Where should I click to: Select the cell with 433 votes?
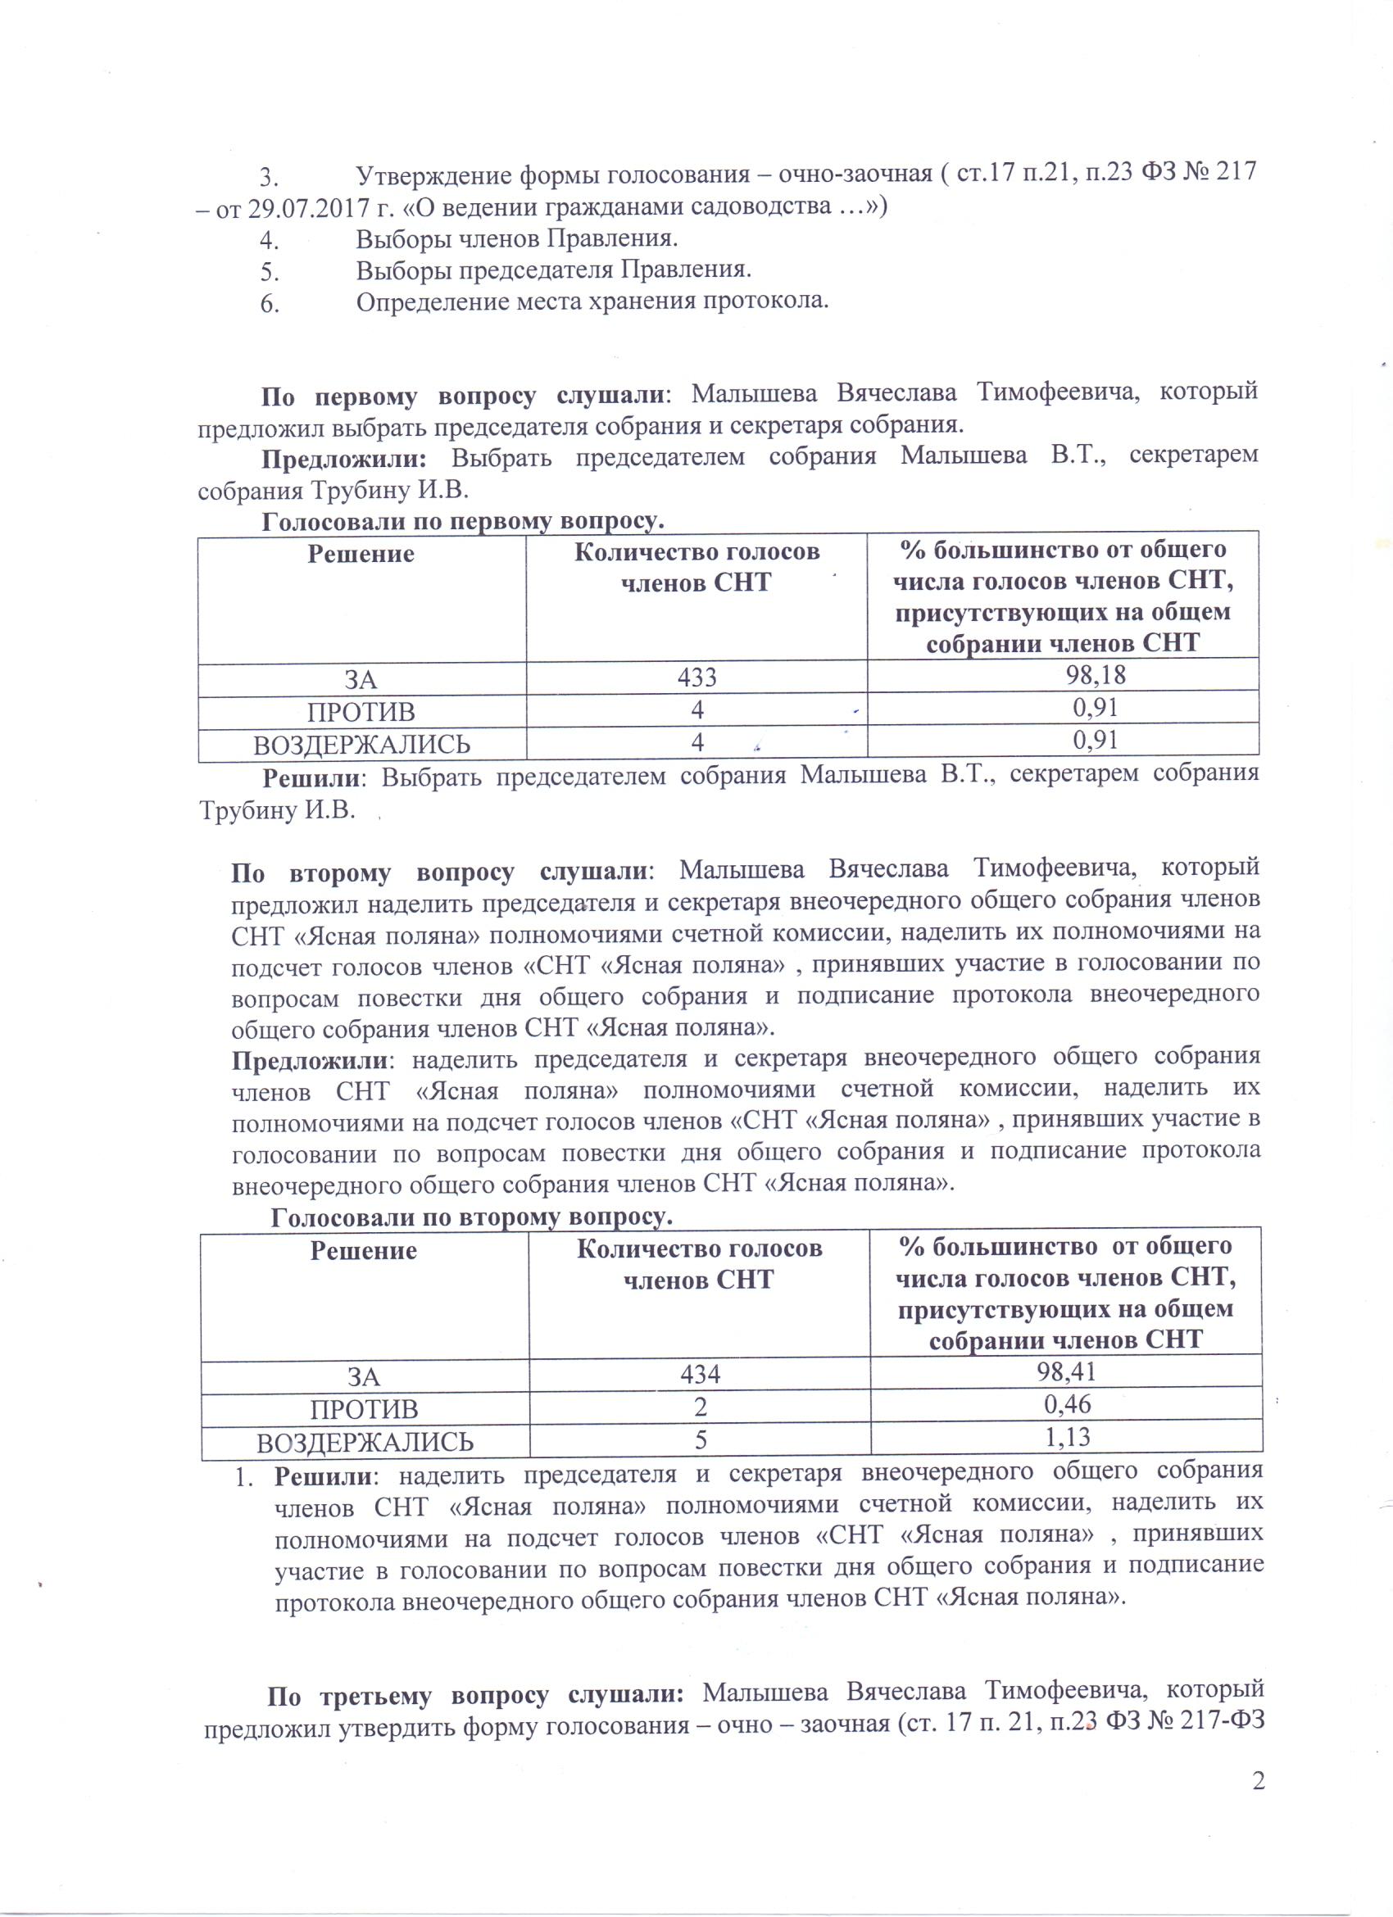click(696, 677)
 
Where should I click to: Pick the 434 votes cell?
click(700, 1374)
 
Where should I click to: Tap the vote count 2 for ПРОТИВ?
click(700, 1407)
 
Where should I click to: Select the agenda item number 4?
click(269, 240)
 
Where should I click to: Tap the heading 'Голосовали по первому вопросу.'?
click(462, 522)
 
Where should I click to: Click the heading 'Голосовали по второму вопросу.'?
click(471, 1217)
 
